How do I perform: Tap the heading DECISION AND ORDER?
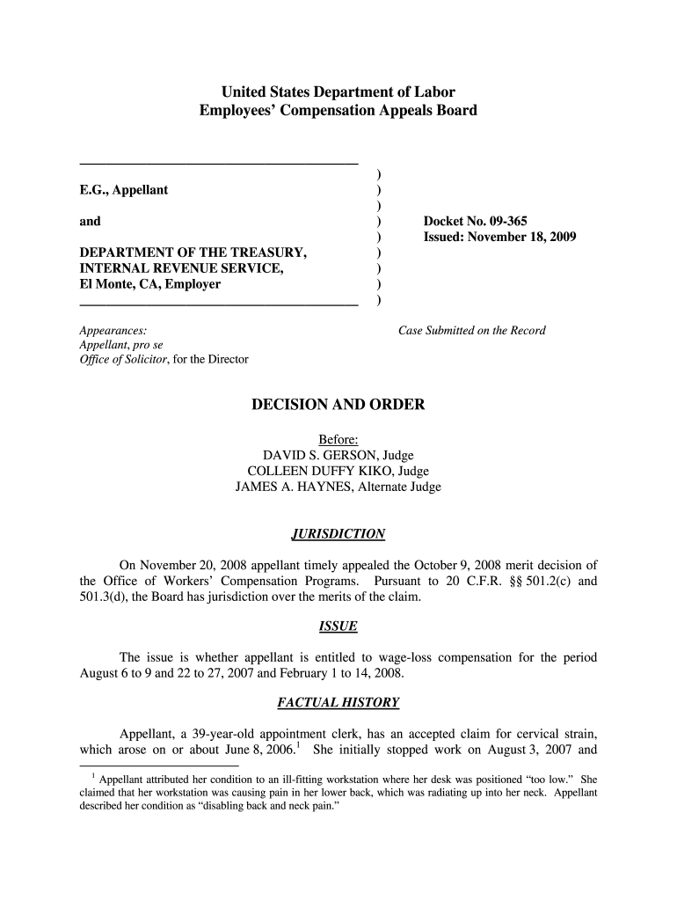(x=338, y=405)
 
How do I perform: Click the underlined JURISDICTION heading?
(x=338, y=534)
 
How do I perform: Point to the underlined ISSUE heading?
(x=338, y=626)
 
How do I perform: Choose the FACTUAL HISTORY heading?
(x=338, y=702)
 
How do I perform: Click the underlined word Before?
(x=337, y=439)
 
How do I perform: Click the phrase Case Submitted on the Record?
(x=472, y=331)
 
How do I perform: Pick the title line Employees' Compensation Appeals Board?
(x=338, y=111)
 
